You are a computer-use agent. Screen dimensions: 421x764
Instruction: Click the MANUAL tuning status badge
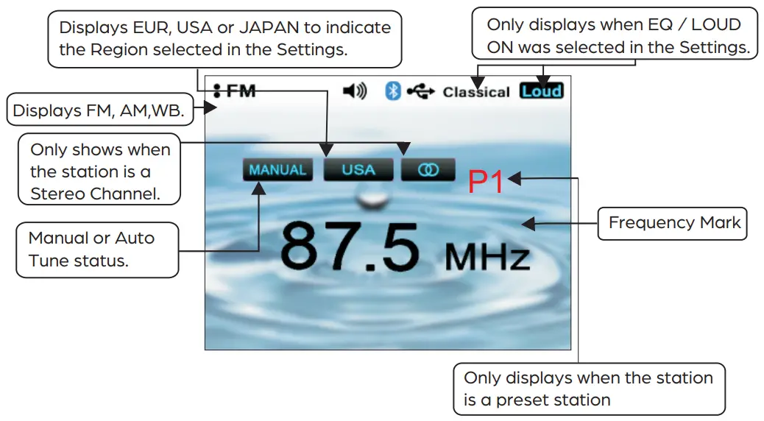click(x=277, y=169)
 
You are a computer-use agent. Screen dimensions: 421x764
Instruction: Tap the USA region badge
click(x=358, y=169)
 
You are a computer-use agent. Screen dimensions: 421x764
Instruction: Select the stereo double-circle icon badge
click(x=428, y=169)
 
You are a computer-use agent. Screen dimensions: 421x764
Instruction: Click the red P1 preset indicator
click(x=486, y=181)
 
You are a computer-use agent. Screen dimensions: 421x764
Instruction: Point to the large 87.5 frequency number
click(x=350, y=244)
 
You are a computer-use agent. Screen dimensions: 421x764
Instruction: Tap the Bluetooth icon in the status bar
click(x=394, y=91)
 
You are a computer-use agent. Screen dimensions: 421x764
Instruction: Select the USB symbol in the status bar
click(x=421, y=91)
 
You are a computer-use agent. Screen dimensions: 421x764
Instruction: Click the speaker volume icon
click(x=355, y=91)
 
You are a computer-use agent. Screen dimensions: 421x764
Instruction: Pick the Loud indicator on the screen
click(x=541, y=91)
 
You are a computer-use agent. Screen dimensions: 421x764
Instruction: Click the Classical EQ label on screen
click(x=476, y=92)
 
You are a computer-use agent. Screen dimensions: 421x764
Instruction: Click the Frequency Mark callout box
click(x=674, y=223)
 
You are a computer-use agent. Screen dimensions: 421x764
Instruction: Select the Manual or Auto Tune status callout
click(x=97, y=250)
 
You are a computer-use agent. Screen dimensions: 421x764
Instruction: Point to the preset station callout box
click(x=588, y=389)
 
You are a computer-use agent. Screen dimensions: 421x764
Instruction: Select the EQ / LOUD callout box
click(x=614, y=35)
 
